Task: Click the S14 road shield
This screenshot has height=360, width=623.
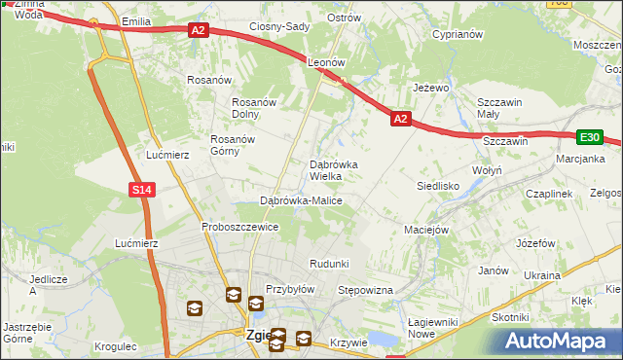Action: pyautogui.click(x=142, y=190)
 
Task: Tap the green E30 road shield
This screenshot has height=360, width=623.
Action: pyautogui.click(x=590, y=138)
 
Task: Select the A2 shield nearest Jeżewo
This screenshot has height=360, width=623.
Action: pyautogui.click(x=400, y=119)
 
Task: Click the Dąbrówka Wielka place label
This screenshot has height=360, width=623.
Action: pyautogui.click(x=333, y=170)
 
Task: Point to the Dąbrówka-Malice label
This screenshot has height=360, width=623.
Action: pyautogui.click(x=301, y=200)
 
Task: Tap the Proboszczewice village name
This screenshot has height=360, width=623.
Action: pyautogui.click(x=240, y=227)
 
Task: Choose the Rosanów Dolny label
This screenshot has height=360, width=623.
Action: pyautogui.click(x=256, y=108)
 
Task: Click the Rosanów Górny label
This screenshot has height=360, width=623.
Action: pyautogui.click(x=233, y=145)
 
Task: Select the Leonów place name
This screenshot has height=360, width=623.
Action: pyautogui.click(x=327, y=61)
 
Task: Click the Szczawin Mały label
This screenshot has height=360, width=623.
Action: pyautogui.click(x=500, y=108)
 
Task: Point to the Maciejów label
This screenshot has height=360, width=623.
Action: pyautogui.click(x=425, y=231)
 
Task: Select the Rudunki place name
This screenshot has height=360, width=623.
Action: pyautogui.click(x=329, y=265)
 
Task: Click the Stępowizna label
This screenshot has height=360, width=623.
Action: pyautogui.click(x=364, y=291)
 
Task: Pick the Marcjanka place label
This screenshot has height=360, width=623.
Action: pyautogui.click(x=580, y=159)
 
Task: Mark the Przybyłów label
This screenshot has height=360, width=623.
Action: pyautogui.click(x=290, y=289)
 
